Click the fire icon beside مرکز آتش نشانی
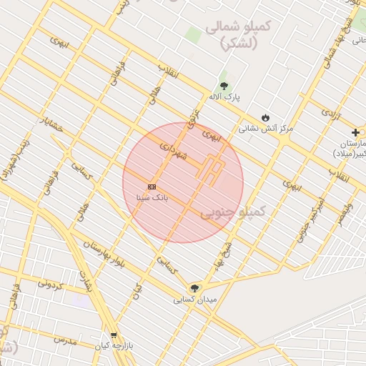266,117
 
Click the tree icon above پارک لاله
224,86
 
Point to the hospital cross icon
355,132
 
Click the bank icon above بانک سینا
152,187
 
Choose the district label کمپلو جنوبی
232,212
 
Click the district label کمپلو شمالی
237,34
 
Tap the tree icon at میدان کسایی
194,288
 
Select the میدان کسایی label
193,300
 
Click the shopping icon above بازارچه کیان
114,335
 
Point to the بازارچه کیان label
114,347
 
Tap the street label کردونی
51,284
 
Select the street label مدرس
64,339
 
